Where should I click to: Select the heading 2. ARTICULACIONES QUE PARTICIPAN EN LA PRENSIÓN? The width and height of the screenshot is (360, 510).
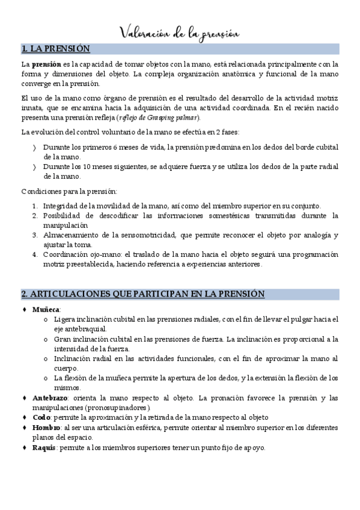pos(143,293)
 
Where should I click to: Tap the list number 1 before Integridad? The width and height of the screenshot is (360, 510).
pos(36,206)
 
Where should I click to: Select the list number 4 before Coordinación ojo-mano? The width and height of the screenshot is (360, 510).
pos(36,254)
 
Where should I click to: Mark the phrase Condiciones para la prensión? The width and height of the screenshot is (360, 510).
pos(69,191)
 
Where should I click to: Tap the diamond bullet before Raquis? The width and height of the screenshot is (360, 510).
pos(25,447)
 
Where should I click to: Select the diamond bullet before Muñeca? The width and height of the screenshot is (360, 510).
pos(25,309)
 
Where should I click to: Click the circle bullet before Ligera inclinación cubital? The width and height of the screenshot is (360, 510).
pos(46,319)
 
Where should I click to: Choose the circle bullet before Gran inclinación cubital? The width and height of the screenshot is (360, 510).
pos(46,339)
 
